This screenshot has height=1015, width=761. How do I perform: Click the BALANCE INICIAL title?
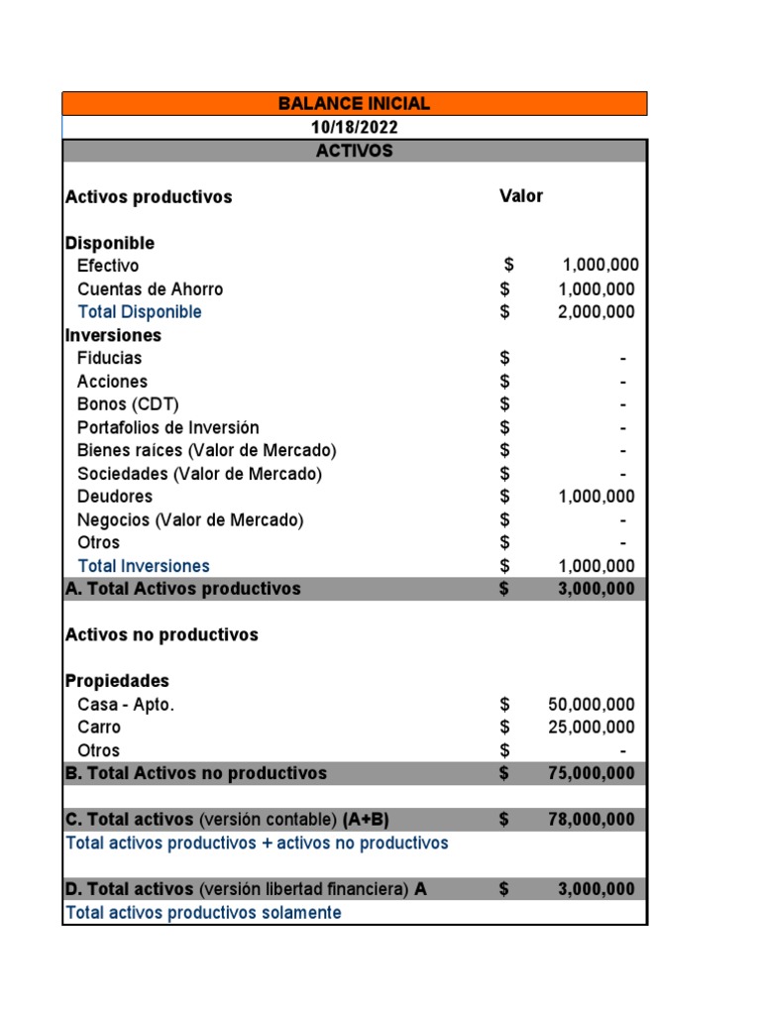[x=354, y=104]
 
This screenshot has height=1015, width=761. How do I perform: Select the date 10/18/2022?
[x=355, y=128]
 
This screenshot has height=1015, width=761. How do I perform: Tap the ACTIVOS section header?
[x=354, y=151]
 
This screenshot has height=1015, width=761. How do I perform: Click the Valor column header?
[x=521, y=196]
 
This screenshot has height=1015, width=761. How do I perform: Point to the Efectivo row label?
[x=108, y=266]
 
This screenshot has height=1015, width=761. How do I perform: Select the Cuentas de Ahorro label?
[x=150, y=289]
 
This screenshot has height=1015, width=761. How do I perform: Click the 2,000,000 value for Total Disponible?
[x=596, y=312]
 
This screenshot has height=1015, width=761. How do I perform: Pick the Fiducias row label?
[x=109, y=358]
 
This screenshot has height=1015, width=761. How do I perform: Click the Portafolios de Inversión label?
[x=167, y=427]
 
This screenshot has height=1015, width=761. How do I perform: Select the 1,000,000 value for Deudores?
[x=596, y=497]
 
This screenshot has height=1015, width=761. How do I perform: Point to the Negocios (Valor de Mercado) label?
[x=190, y=519]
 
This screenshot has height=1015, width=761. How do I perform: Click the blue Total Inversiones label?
[x=144, y=566]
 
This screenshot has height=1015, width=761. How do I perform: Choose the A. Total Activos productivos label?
[x=182, y=589]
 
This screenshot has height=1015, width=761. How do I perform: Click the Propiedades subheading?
[x=117, y=681]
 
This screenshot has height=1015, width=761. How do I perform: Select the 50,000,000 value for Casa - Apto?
[x=591, y=705]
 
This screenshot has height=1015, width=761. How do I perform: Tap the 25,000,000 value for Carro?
[x=591, y=728]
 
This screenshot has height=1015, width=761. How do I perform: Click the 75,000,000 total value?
[x=591, y=773]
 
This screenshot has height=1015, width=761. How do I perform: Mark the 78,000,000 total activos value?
[x=591, y=820]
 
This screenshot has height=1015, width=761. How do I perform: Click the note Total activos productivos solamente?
[x=203, y=913]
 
